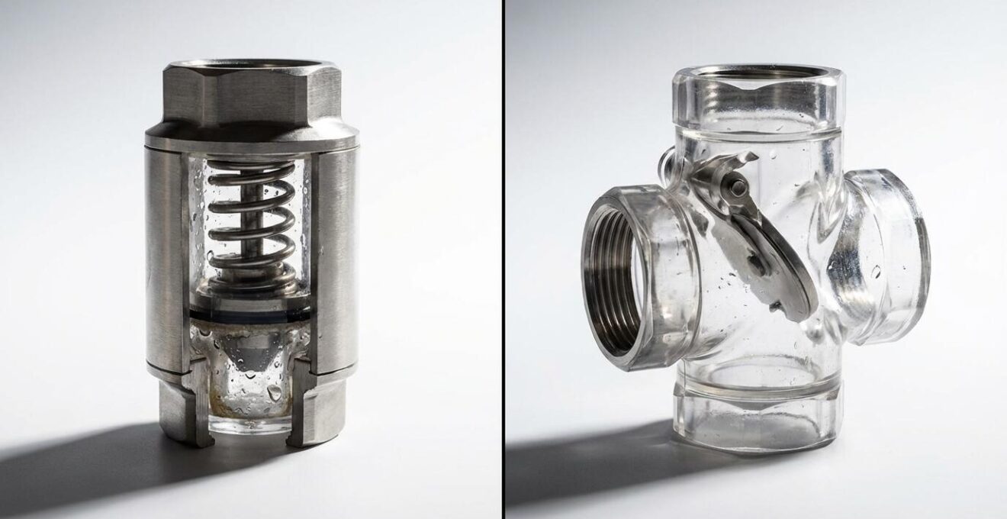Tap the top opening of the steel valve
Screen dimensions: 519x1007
pyautogui.click(x=251, y=66)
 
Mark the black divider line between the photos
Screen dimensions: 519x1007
pyautogui.click(x=504, y=259)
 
